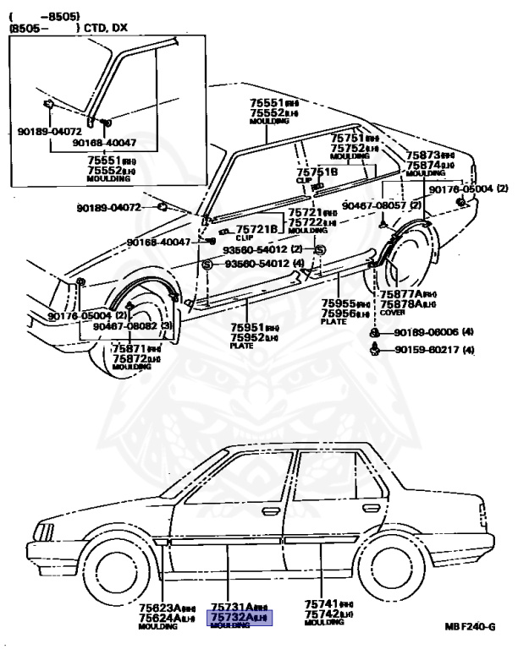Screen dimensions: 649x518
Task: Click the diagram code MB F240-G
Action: point(468,627)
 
